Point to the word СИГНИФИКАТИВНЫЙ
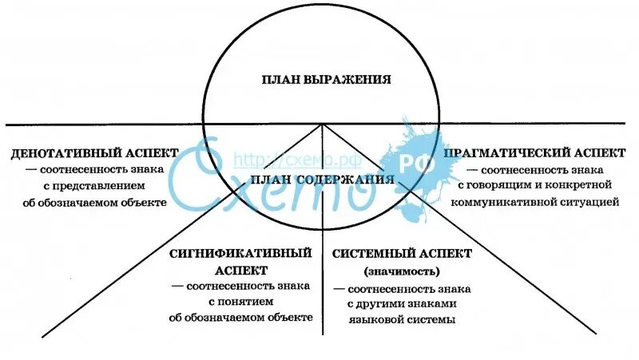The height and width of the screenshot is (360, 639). [240, 254]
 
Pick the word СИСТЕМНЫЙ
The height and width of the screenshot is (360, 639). [369, 254]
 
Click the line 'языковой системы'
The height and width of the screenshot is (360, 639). [401, 319]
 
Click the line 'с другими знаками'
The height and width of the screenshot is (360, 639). [401, 303]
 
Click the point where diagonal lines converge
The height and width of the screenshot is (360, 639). [323, 125]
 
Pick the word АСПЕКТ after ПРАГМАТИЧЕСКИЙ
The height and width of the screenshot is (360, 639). [582, 152]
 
